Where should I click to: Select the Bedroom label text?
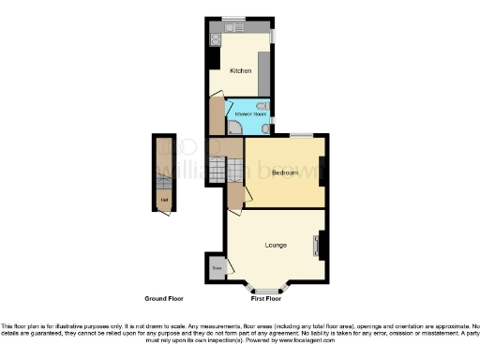tap(285, 173)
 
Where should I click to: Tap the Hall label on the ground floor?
tap(165, 200)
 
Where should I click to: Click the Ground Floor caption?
tap(163, 298)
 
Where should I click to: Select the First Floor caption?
tap(266, 298)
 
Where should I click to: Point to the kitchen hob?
tap(214, 39)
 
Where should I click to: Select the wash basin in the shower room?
tap(266, 129)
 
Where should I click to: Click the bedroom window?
tap(301, 137)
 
